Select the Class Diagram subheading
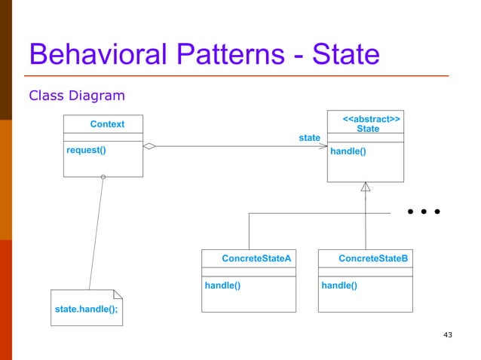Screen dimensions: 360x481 (x=76, y=96)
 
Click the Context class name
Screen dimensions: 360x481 (x=107, y=124)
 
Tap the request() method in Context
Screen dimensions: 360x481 (x=86, y=150)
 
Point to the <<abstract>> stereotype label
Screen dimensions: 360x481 (x=371, y=119)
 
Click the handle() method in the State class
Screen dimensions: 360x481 (x=348, y=151)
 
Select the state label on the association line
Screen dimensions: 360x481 (x=309, y=138)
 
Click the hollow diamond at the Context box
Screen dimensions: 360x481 (x=149, y=147)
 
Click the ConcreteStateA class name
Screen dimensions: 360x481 (x=256, y=258)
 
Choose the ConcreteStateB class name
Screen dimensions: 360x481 (x=373, y=258)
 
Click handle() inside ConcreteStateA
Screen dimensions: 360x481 (x=222, y=285)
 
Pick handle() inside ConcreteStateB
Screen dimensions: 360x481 (x=339, y=285)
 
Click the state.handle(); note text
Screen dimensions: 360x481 (x=86, y=310)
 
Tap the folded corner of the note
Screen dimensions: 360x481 (x=117, y=294)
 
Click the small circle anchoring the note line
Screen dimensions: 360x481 (x=103, y=178)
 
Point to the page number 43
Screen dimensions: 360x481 (x=448, y=334)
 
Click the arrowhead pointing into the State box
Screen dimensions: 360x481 (x=322, y=147)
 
